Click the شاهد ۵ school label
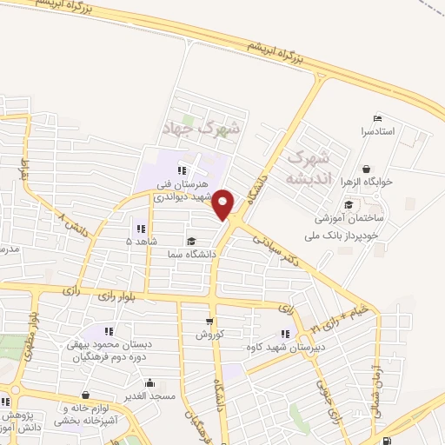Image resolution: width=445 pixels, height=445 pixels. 140,241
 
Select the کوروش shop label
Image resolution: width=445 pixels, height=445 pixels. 210,334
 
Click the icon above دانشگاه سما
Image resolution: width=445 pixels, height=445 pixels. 190,241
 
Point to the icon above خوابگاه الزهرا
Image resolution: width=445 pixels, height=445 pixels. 366,169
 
